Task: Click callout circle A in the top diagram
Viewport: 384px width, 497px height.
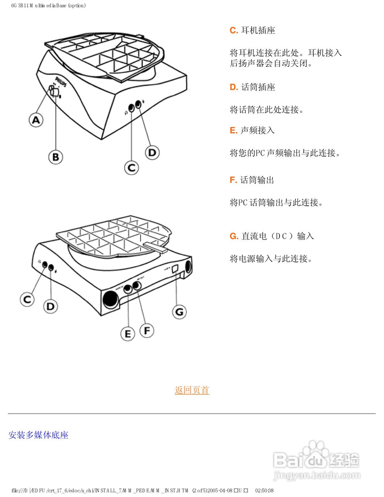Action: (x=36, y=120)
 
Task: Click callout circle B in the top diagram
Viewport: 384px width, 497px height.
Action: (x=56, y=157)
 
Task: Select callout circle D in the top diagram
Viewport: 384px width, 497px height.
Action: (x=152, y=152)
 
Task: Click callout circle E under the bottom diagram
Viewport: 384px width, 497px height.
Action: (x=128, y=334)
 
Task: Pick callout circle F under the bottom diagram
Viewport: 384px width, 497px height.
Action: (x=147, y=330)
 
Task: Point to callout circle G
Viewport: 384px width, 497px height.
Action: (x=179, y=311)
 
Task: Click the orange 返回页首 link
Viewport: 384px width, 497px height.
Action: (x=192, y=390)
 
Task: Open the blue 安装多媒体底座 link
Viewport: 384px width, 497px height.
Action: (x=38, y=435)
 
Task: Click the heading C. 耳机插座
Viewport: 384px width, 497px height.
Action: (x=252, y=30)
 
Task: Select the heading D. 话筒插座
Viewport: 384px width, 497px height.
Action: (x=252, y=87)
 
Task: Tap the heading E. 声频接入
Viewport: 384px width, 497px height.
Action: (x=252, y=130)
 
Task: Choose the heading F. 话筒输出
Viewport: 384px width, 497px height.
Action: (x=252, y=180)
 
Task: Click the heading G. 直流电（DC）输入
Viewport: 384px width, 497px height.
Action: (x=272, y=236)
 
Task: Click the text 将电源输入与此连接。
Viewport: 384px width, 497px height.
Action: (x=271, y=258)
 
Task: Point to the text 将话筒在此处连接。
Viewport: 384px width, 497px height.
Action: (x=267, y=109)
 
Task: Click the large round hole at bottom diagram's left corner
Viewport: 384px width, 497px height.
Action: (x=110, y=299)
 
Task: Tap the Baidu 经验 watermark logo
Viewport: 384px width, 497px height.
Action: (x=316, y=460)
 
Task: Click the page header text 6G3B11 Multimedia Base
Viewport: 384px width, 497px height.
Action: (x=49, y=5)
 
